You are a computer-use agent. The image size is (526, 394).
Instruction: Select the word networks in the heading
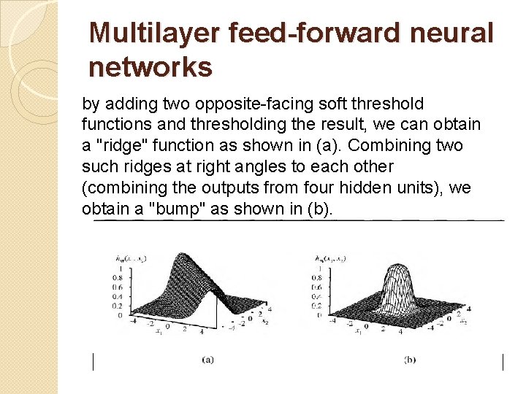(150, 67)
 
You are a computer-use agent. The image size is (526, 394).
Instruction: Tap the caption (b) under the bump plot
(410, 359)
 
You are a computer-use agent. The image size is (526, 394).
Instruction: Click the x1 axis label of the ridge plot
(158, 334)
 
